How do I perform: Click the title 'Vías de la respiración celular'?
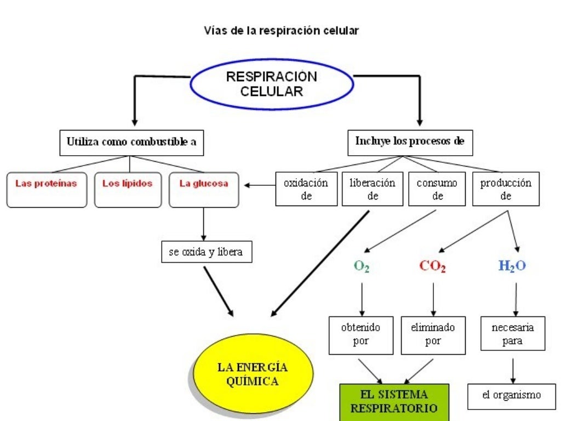(x=281, y=31)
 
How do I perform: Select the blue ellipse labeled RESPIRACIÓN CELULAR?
(x=271, y=84)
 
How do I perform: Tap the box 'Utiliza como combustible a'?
(x=131, y=142)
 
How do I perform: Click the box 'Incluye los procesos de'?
(x=410, y=141)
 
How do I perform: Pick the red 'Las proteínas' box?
(x=47, y=190)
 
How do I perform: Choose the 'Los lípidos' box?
(x=127, y=190)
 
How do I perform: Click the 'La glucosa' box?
(x=204, y=190)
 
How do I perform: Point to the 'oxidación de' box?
(x=306, y=190)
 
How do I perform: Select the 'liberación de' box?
(x=373, y=190)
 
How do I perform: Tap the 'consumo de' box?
(x=437, y=190)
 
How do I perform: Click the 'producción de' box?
(x=505, y=190)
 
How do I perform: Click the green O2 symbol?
(x=362, y=266)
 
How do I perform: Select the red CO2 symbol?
(x=432, y=266)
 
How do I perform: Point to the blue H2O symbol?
(x=512, y=266)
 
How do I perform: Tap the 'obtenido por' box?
(x=360, y=334)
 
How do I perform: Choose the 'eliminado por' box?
(x=433, y=334)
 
